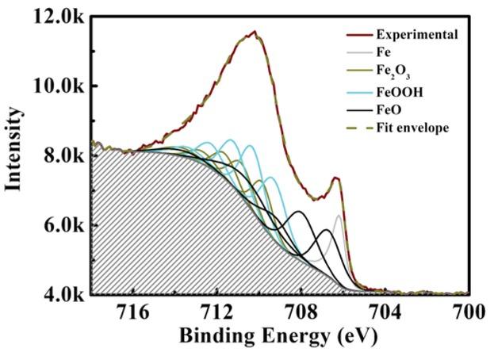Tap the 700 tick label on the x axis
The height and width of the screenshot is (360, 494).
(468, 312)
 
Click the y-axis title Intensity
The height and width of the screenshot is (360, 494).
(15, 155)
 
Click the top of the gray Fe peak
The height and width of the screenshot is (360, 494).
(339, 215)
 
